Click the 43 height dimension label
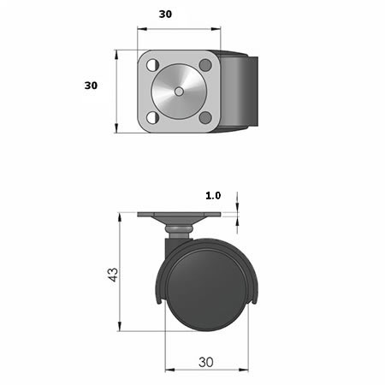point(114,275)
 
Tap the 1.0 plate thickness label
point(213,196)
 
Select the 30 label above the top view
point(165,15)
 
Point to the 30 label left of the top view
point(91,86)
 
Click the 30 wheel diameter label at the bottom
point(206,362)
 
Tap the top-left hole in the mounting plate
point(152,65)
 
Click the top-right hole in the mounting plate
point(205,65)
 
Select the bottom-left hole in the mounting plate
point(152,117)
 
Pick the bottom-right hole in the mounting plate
point(205,117)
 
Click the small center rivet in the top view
point(179,92)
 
